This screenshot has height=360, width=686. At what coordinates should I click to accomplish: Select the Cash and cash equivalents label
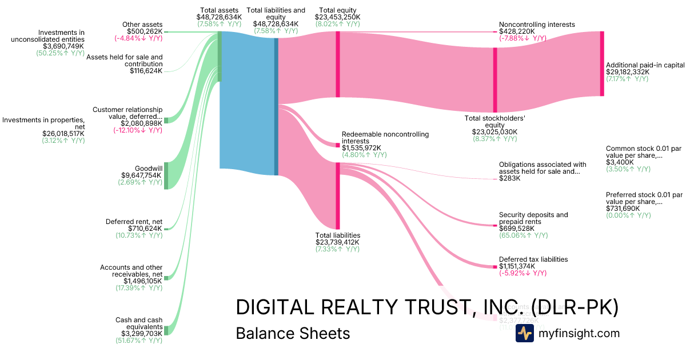pyautogui.click(x=139, y=323)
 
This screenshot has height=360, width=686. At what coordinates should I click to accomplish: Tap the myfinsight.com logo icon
pyautogui.click(x=524, y=333)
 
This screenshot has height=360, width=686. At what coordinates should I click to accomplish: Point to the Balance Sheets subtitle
pyautogui.click(x=292, y=333)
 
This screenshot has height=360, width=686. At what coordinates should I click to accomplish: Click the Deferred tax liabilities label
pyautogui.click(x=533, y=259)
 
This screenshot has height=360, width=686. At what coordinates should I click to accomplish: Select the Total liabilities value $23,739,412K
pyautogui.click(x=338, y=242)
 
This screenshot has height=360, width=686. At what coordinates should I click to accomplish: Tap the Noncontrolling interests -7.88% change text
pyautogui.click(x=523, y=38)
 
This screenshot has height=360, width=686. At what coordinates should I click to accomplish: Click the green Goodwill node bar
pyautogui.click(x=166, y=176)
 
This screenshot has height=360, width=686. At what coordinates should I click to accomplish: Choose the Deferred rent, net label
pyautogui.click(x=134, y=222)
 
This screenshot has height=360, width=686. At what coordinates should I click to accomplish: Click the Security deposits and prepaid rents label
pyautogui.click(x=533, y=218)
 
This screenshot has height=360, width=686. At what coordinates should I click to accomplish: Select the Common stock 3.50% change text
pyautogui.click(x=628, y=169)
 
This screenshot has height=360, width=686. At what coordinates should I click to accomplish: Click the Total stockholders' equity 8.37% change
pyautogui.click(x=495, y=138)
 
